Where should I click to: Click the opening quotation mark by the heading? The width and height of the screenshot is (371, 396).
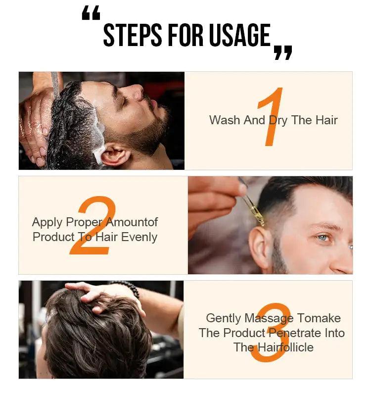pos(91,14)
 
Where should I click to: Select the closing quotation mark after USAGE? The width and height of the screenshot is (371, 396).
pos(283,52)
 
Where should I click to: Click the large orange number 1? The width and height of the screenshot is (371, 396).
pos(271,118)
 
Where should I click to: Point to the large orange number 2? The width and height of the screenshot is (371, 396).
pos(93,226)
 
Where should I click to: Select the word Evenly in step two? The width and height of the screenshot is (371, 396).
pos(139,237)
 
